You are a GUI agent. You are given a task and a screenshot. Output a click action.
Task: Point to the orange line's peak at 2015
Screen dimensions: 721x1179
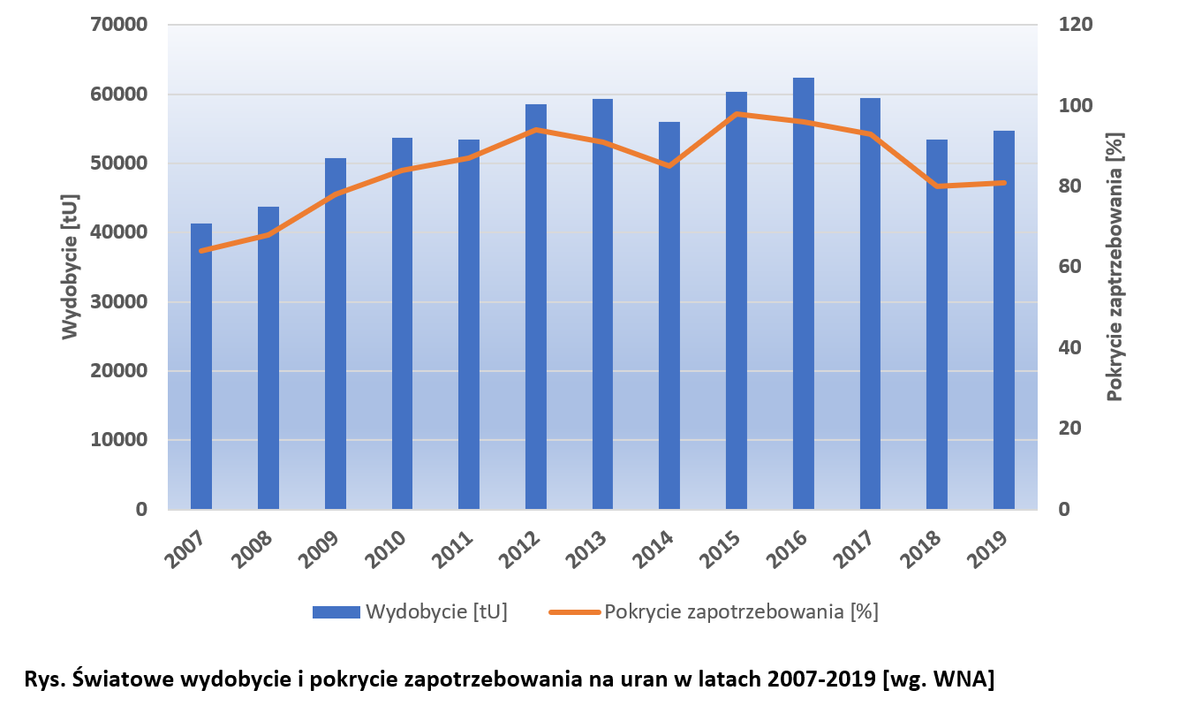[737, 114]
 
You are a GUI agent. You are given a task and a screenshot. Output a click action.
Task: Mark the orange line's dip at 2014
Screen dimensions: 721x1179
[669, 165]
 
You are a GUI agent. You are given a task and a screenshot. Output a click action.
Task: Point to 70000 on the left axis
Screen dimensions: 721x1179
[118, 25]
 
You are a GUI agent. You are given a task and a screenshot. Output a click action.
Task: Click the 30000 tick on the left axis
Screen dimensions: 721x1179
[118, 302]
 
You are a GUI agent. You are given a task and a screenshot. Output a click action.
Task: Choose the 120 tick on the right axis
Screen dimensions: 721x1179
[1076, 25]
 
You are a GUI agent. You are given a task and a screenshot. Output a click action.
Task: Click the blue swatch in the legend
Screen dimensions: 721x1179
[336, 612]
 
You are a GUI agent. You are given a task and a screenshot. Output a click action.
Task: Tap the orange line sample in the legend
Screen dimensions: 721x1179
[574, 612]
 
